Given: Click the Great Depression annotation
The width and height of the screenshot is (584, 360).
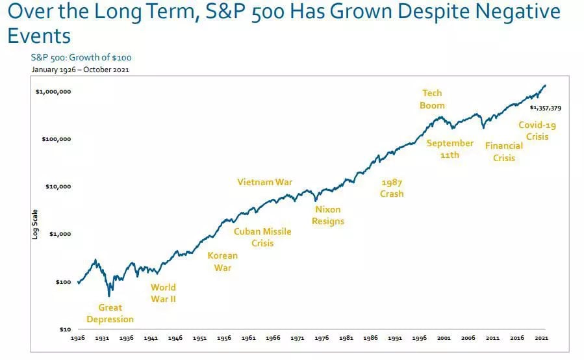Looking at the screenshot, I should [110, 313].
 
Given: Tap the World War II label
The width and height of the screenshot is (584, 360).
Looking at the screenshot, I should [163, 293].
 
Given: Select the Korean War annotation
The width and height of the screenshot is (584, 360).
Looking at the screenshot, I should [222, 261].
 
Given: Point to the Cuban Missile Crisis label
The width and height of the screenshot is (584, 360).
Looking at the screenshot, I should [262, 237].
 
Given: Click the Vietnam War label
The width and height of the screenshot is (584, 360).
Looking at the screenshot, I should [265, 182].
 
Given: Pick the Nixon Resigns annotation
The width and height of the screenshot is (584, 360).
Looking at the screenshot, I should [327, 215].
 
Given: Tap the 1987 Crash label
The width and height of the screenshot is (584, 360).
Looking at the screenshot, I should [392, 188].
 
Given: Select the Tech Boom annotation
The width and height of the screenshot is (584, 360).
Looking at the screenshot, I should [432, 99].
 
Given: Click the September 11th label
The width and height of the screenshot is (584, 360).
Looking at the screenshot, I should [450, 149].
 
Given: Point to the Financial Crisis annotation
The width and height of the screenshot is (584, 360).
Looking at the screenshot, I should [503, 152].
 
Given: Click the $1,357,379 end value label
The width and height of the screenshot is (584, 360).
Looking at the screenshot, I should [545, 108].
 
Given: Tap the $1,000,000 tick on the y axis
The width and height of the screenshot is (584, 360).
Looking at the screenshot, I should [53, 92].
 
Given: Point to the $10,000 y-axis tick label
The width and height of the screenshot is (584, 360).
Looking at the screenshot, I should [58, 186].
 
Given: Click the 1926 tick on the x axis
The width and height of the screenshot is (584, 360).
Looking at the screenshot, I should [78, 339].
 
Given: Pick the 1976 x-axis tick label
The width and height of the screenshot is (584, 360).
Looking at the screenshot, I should [323, 339].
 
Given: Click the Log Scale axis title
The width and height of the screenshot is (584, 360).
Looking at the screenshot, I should [36, 224].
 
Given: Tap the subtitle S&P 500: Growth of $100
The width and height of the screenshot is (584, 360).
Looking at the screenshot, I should [81, 58].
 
